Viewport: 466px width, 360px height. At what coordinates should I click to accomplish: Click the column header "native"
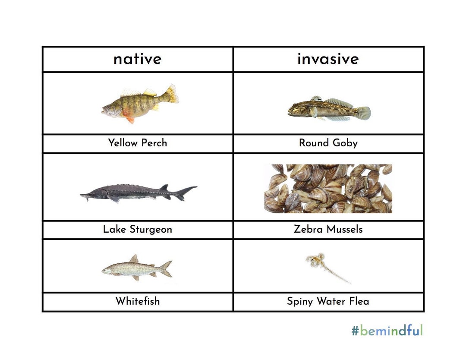pos(137,59)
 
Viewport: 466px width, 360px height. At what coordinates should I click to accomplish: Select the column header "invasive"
pos(328,59)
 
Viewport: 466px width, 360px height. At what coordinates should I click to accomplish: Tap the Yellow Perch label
pos(137,143)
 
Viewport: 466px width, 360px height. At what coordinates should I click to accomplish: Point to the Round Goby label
pos(328,143)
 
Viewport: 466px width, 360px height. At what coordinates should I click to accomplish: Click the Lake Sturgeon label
pos(137,229)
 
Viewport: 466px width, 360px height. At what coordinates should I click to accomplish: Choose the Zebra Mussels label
pos(328,229)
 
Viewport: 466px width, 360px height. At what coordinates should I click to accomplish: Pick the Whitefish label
pos(137,301)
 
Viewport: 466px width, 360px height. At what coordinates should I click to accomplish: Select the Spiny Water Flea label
pos(328,301)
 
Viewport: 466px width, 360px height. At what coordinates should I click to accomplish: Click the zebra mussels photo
pos(328,189)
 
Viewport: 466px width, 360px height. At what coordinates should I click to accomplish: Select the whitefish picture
pos(136,268)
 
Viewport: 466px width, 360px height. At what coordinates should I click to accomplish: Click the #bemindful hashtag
pos(387,331)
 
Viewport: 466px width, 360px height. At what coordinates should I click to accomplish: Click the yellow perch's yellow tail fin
pos(172,94)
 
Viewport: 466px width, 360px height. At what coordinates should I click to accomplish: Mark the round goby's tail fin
pos(363,113)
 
